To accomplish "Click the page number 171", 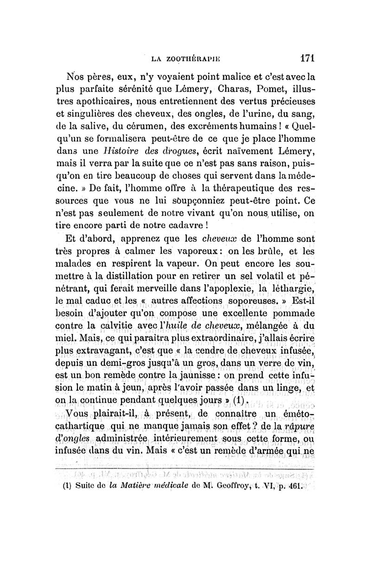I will [307, 59].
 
